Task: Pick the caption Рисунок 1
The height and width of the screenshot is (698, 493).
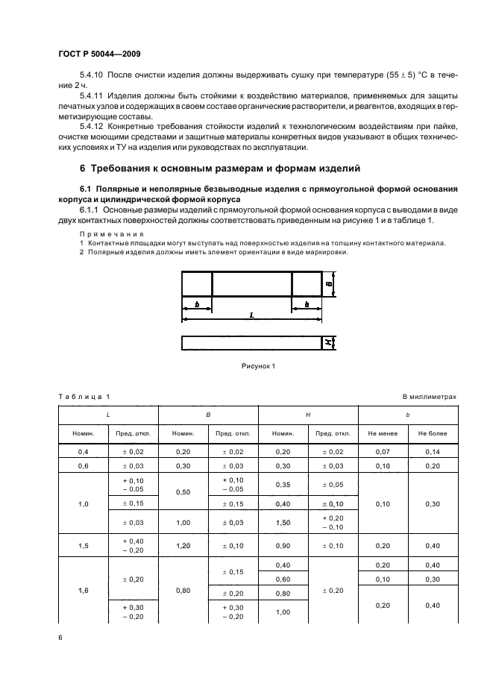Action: [258, 366]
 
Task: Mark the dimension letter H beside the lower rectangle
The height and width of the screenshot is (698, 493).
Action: [328, 343]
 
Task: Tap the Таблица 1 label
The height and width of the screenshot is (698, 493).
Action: [83, 397]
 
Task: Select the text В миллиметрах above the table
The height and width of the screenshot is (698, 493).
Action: [429, 397]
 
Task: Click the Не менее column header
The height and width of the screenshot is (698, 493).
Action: [383, 433]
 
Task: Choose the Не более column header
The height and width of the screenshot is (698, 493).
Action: [433, 433]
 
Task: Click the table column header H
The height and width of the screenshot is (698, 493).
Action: [308, 413]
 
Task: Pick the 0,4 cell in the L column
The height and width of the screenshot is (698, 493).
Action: [84, 452]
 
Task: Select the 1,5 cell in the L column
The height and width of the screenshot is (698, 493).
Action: [84, 545]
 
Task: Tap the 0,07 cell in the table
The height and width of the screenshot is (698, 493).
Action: [383, 452]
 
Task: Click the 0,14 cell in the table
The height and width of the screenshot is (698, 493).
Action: [433, 452]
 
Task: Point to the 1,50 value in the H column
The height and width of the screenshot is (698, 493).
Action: [283, 523]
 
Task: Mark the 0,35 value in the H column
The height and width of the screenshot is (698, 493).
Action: [283, 485]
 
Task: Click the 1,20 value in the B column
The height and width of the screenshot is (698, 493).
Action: [183, 545]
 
